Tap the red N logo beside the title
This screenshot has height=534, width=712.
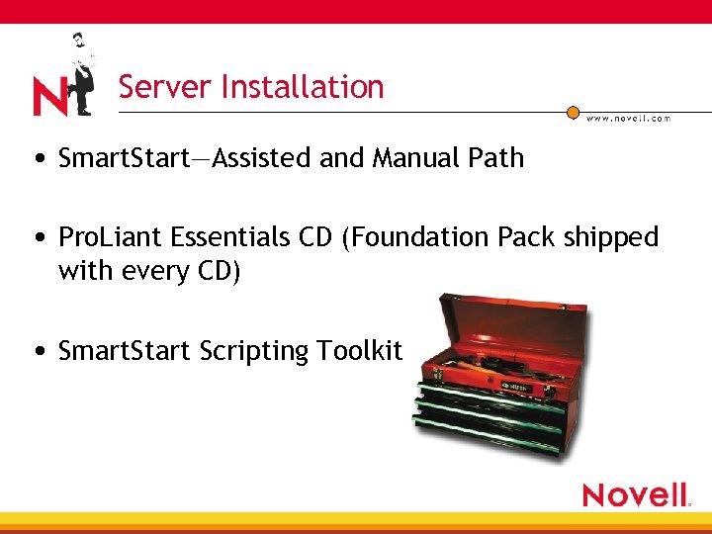pyautogui.click(x=48, y=97)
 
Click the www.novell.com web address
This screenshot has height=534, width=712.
pyautogui.click(x=629, y=119)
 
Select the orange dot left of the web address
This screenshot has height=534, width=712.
pyautogui.click(x=573, y=113)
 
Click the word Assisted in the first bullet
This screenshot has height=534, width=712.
pyautogui.click(x=265, y=157)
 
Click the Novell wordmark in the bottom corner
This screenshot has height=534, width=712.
pyautogui.click(x=635, y=494)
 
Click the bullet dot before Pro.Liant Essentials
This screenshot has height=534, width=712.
pyautogui.click(x=38, y=238)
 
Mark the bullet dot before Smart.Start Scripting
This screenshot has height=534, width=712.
pyautogui.click(x=38, y=351)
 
